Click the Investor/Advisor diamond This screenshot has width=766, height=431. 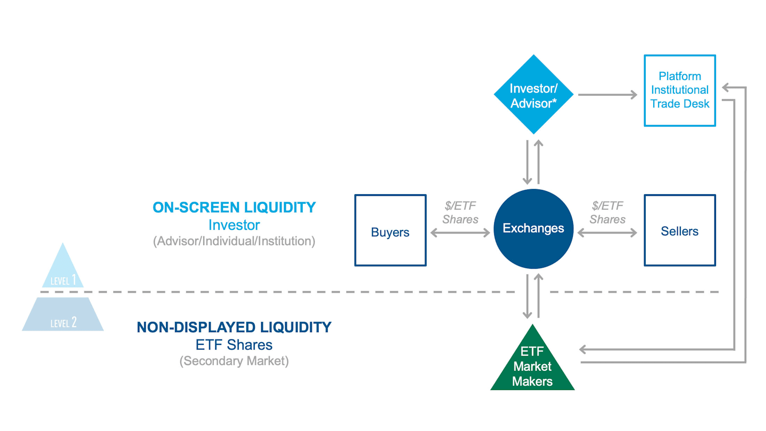click(534, 94)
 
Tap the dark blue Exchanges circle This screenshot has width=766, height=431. click(534, 228)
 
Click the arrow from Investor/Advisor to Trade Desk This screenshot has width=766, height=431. click(607, 95)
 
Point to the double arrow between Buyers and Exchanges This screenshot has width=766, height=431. click(460, 233)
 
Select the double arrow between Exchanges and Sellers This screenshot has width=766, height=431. click(607, 233)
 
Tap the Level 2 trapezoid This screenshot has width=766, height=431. click(63, 314)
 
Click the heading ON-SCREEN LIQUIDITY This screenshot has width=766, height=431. click(234, 208)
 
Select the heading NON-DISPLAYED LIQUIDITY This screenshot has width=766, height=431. click(234, 327)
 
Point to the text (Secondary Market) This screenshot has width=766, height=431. click(234, 361)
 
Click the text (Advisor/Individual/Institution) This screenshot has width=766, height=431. click(234, 241)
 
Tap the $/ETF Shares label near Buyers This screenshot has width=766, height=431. click(460, 212)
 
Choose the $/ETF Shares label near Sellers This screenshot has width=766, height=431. click(607, 212)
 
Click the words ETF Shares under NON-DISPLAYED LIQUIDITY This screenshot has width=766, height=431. click(234, 345)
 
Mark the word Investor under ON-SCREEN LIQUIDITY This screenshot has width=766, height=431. click(234, 225)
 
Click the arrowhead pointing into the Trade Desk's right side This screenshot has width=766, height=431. click(726, 87)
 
